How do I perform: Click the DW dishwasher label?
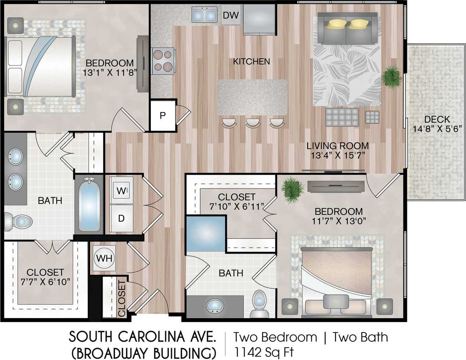[231, 16]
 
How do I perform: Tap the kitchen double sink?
[204, 15]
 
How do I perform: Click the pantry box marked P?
[163, 116]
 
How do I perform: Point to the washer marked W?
[120, 191]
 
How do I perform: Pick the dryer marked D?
[121, 218]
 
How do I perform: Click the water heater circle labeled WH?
[104, 258]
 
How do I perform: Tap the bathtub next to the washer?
[89, 205]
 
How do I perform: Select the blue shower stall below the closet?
[205, 234]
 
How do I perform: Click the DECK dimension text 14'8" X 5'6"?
[437, 128]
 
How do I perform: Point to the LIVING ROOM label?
[338, 146]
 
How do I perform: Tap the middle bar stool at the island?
[253, 123]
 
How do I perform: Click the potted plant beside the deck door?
[391, 77]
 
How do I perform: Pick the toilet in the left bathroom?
[18, 221]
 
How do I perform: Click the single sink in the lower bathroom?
[215, 306]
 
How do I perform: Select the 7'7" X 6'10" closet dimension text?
[45, 282]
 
